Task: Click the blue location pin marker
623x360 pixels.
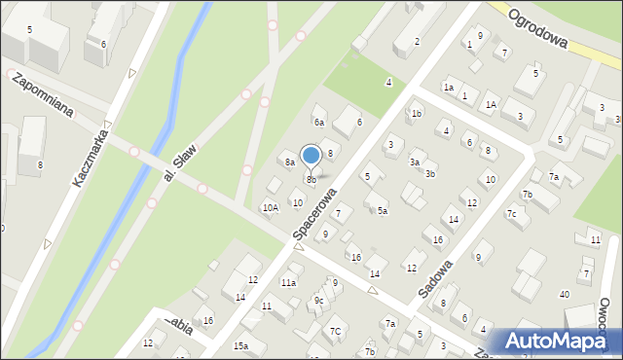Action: point(311,156)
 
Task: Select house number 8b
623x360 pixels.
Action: point(311,180)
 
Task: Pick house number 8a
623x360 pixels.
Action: point(289,162)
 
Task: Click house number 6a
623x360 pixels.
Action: point(318,122)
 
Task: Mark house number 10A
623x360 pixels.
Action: point(270,207)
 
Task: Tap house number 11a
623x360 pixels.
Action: point(288,282)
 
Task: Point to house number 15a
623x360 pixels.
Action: point(240,346)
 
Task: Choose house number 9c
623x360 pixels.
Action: point(318,301)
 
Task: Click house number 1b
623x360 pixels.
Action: point(416,114)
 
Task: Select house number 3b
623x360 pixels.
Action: point(428,174)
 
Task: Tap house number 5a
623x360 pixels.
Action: point(383,210)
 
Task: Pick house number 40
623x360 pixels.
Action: point(564,294)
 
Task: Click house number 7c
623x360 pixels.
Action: point(511,213)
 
